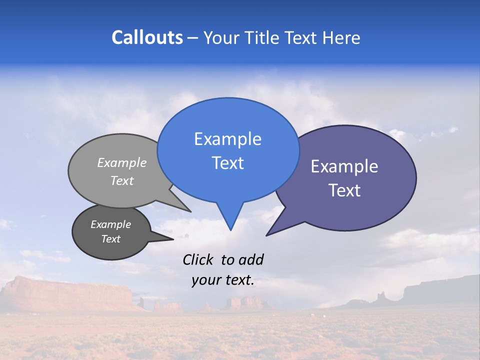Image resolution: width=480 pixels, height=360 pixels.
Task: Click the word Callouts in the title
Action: pyautogui.click(x=147, y=37)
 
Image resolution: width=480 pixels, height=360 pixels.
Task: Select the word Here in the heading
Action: pyautogui.click(x=342, y=37)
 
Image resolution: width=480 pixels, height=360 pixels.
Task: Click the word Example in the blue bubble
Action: pyautogui.click(x=227, y=139)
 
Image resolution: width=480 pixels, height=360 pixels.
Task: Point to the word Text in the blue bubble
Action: pyautogui.click(x=227, y=163)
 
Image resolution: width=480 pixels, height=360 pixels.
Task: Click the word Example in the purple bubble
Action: pyautogui.click(x=344, y=166)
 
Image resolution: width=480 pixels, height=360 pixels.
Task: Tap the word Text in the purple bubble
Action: pyautogui.click(x=344, y=190)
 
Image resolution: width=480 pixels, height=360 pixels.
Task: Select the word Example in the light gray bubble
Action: pyautogui.click(x=122, y=162)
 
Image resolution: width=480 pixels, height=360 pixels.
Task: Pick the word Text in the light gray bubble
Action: pyautogui.click(x=122, y=180)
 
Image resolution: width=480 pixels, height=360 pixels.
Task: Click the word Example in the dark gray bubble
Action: pyautogui.click(x=110, y=224)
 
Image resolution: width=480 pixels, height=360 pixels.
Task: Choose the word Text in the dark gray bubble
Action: pyautogui.click(x=110, y=239)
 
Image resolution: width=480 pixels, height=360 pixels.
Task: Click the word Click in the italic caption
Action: pyautogui.click(x=199, y=259)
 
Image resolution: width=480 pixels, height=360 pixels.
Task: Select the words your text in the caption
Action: pyautogui.click(x=223, y=280)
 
